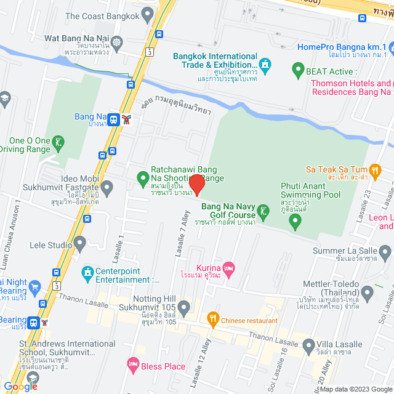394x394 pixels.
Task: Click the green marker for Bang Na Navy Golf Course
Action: [x=263, y=212]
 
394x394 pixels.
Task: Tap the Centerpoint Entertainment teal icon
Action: [x=88, y=271]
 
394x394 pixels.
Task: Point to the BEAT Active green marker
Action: [x=298, y=70]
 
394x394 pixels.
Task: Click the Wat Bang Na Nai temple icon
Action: [x=117, y=42]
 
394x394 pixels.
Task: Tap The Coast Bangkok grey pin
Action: [x=147, y=13]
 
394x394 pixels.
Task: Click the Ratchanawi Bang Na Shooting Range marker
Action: [x=143, y=179]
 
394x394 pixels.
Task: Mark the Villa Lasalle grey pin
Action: [x=308, y=345]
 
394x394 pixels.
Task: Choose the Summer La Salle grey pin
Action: [x=385, y=251]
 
